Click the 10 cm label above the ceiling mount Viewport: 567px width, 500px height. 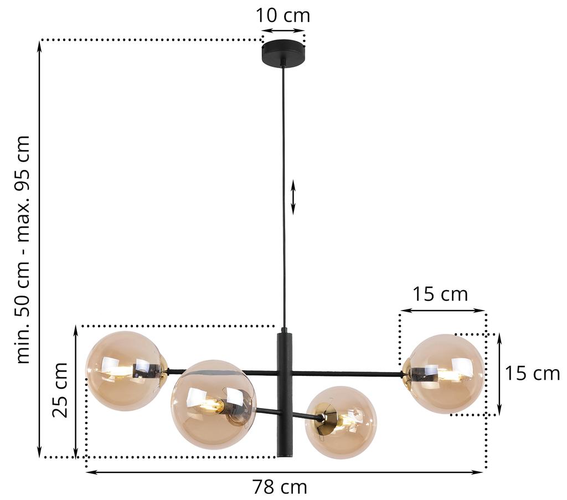[282, 15]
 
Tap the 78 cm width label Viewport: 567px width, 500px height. [280, 487]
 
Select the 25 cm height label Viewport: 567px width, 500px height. [60, 390]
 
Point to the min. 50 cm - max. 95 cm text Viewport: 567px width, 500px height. [23, 249]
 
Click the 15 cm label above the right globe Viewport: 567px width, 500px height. [440, 294]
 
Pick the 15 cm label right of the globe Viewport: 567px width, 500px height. [532, 374]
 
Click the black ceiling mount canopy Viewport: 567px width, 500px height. [283, 54]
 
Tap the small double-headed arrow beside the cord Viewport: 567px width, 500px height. [293, 197]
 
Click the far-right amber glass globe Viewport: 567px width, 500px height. [446, 374]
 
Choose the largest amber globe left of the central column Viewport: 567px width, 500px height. [213, 404]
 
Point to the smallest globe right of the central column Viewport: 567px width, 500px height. [341, 422]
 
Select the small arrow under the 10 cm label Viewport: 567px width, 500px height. [283, 31]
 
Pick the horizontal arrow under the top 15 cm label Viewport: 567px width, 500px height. [442, 311]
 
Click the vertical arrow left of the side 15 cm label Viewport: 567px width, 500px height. [499, 374]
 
